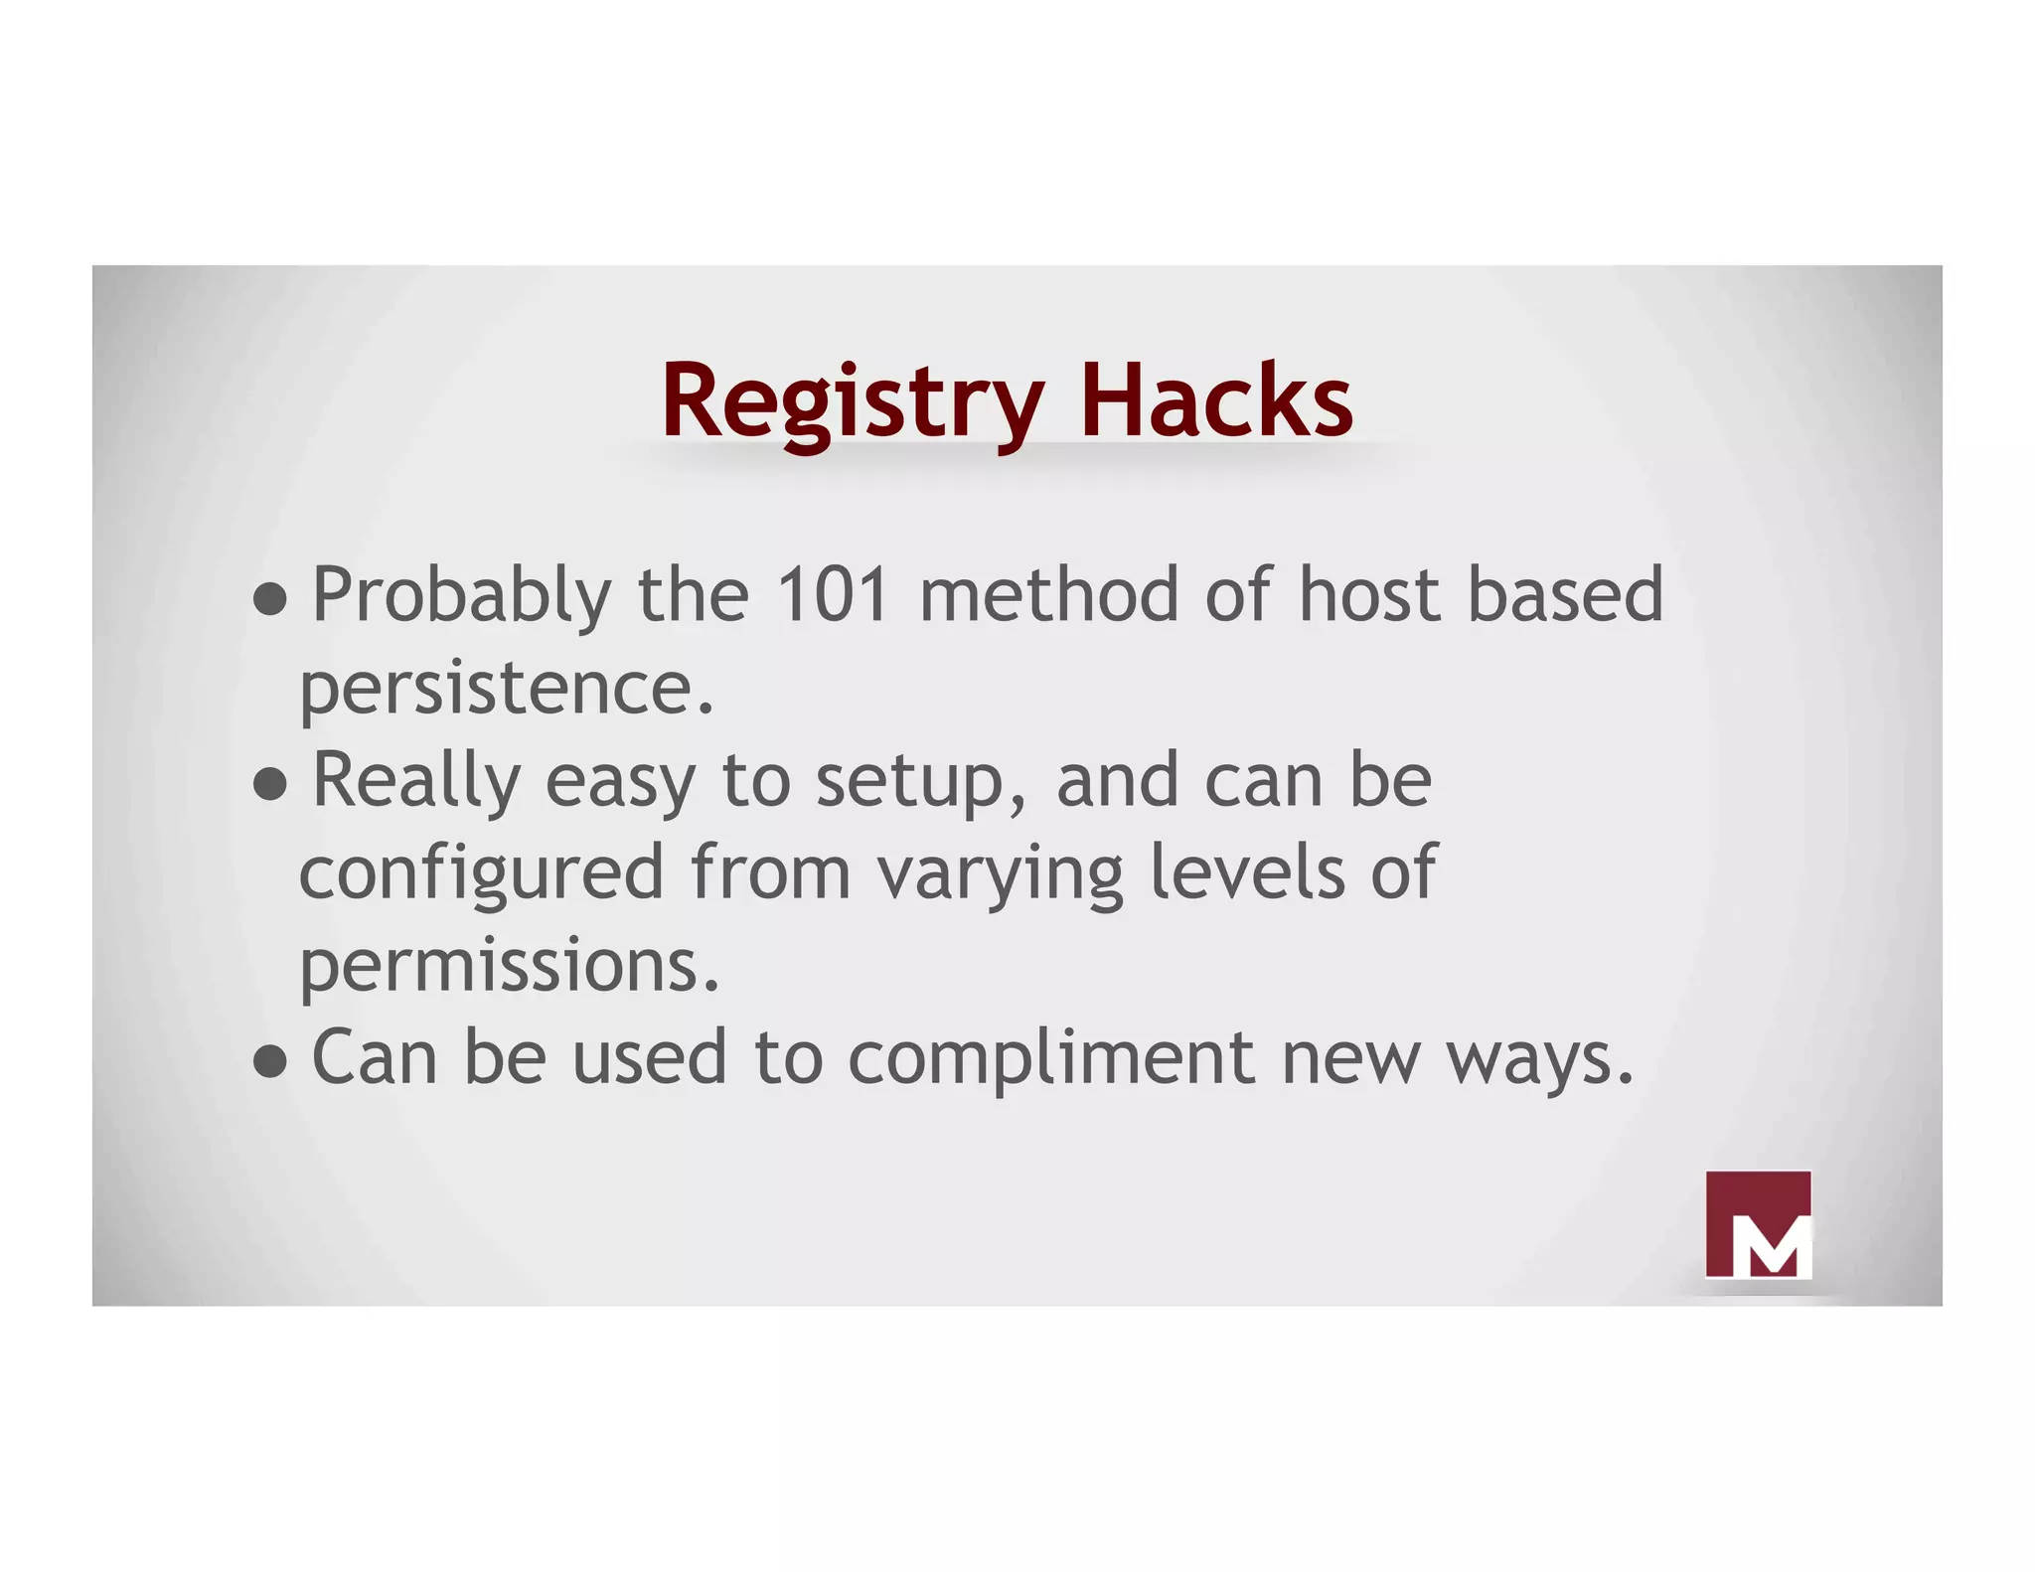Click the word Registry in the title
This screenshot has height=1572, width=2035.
(x=852, y=402)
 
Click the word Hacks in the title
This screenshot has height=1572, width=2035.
(x=1215, y=400)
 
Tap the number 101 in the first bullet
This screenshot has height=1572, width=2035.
(x=832, y=595)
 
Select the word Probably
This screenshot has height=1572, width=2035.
(x=461, y=596)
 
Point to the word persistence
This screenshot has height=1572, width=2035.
(x=506, y=688)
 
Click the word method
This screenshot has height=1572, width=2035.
(x=1049, y=595)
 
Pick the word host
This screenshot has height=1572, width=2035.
(x=1370, y=595)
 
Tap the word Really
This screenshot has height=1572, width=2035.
(x=416, y=781)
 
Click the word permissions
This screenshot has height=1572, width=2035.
(x=509, y=966)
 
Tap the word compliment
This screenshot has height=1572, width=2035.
(x=1052, y=1059)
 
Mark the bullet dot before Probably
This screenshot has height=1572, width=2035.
(x=269, y=599)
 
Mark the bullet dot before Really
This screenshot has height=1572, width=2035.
(x=269, y=784)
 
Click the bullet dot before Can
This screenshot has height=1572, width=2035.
(x=269, y=1061)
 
